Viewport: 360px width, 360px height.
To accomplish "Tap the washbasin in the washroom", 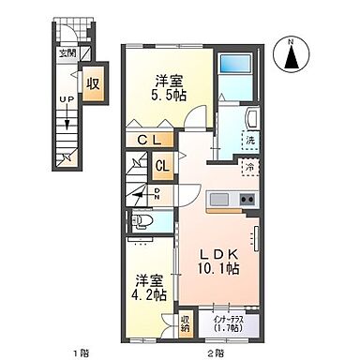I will click(x=250, y=119).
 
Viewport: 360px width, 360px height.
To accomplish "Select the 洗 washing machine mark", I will click(x=250, y=141).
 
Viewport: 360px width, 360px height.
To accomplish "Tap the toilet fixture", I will click(x=142, y=222).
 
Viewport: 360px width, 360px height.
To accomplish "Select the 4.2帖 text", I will click(x=149, y=293).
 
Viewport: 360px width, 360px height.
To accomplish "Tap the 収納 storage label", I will click(x=186, y=323).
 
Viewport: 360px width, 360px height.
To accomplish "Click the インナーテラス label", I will click(x=227, y=320).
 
